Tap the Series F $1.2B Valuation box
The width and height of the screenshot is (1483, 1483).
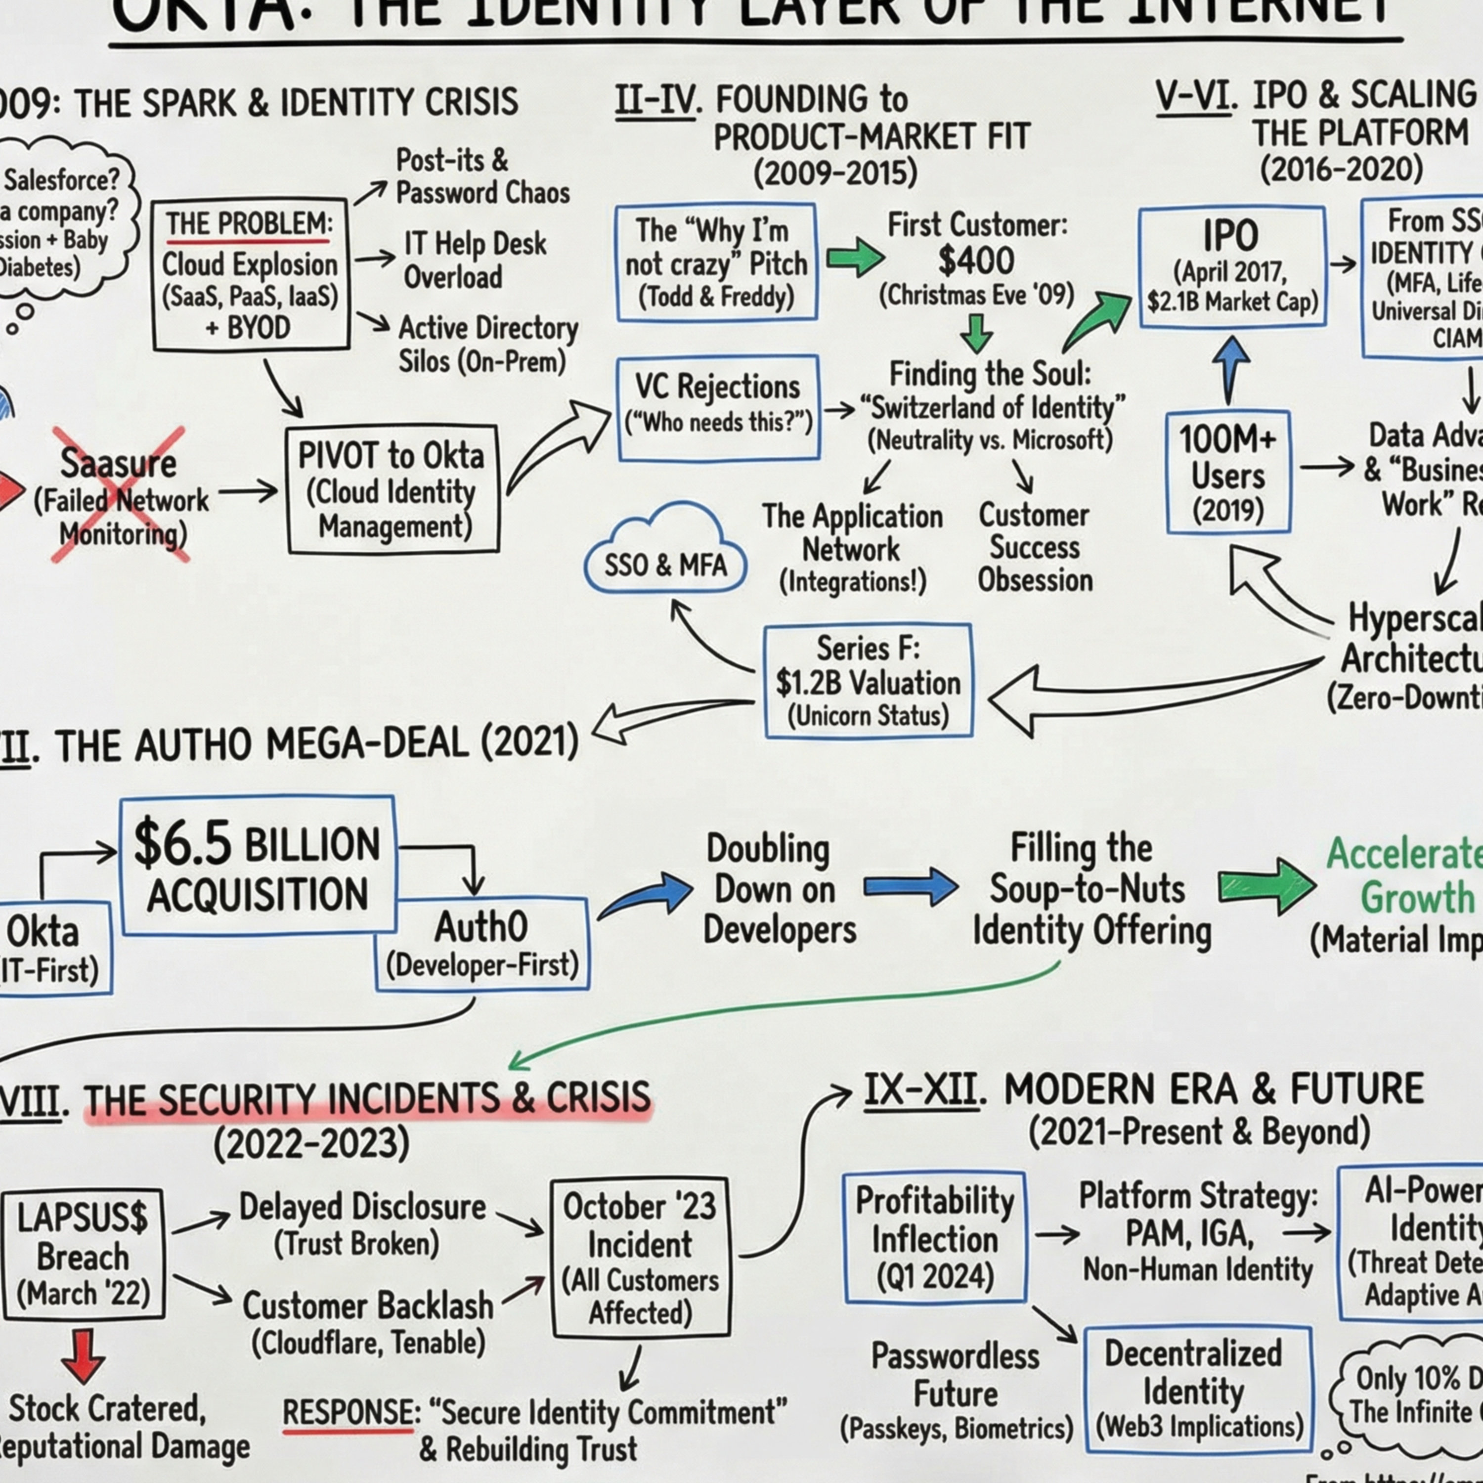pos(868,681)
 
